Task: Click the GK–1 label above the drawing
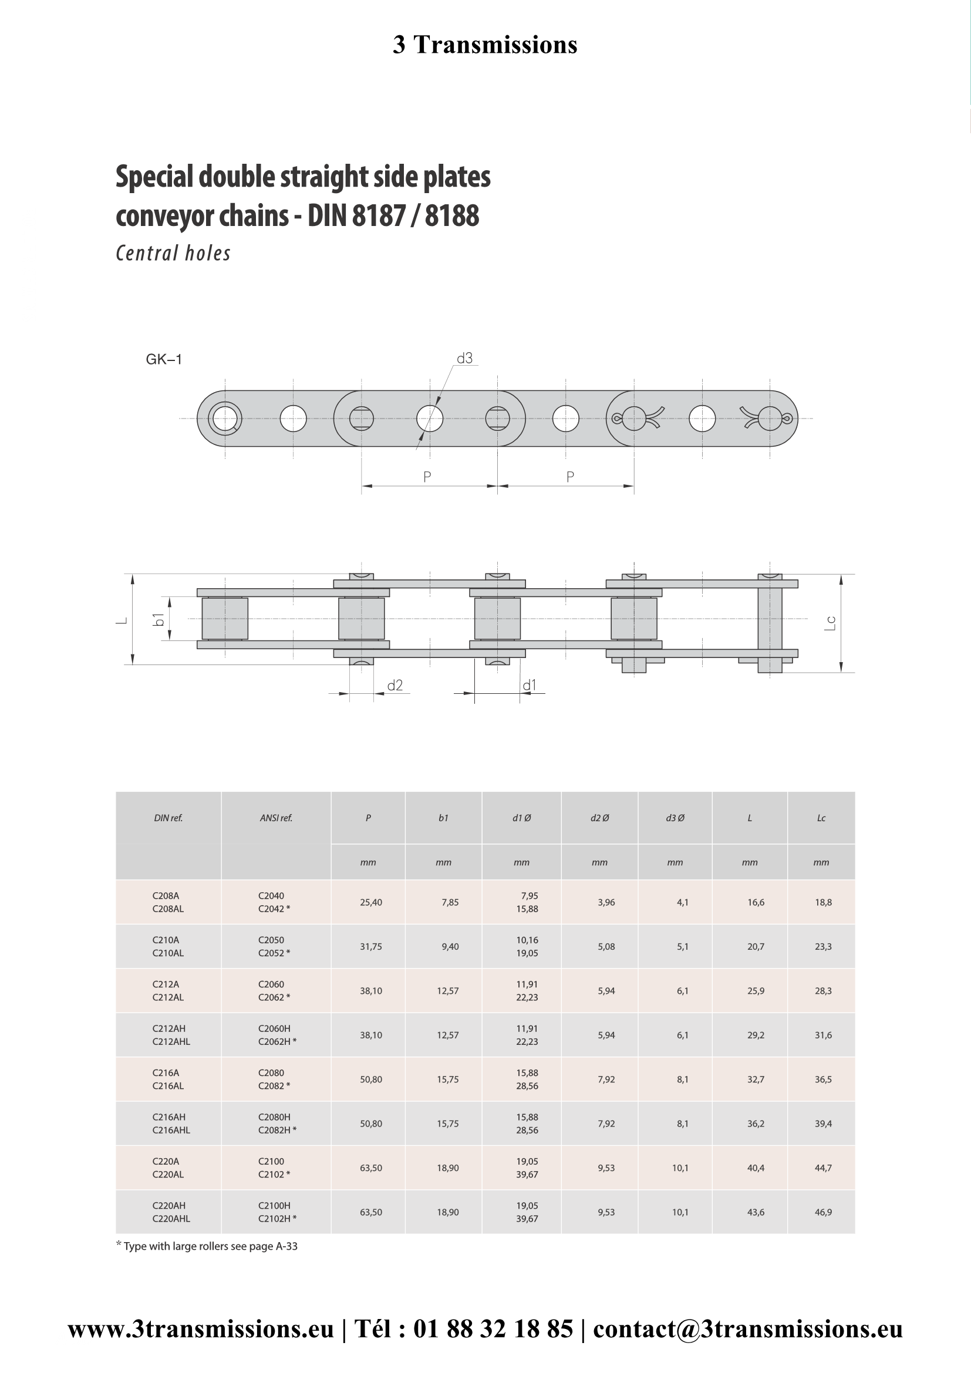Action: click(164, 359)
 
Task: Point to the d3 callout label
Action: click(464, 358)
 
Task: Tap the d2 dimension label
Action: click(395, 685)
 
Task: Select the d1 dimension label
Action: click(530, 685)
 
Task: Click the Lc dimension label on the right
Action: click(830, 623)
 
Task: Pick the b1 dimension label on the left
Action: click(159, 619)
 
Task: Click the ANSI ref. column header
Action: click(277, 818)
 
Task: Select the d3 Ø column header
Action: click(675, 818)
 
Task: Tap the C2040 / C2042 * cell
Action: click(274, 902)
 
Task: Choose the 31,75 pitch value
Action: click(370, 947)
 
